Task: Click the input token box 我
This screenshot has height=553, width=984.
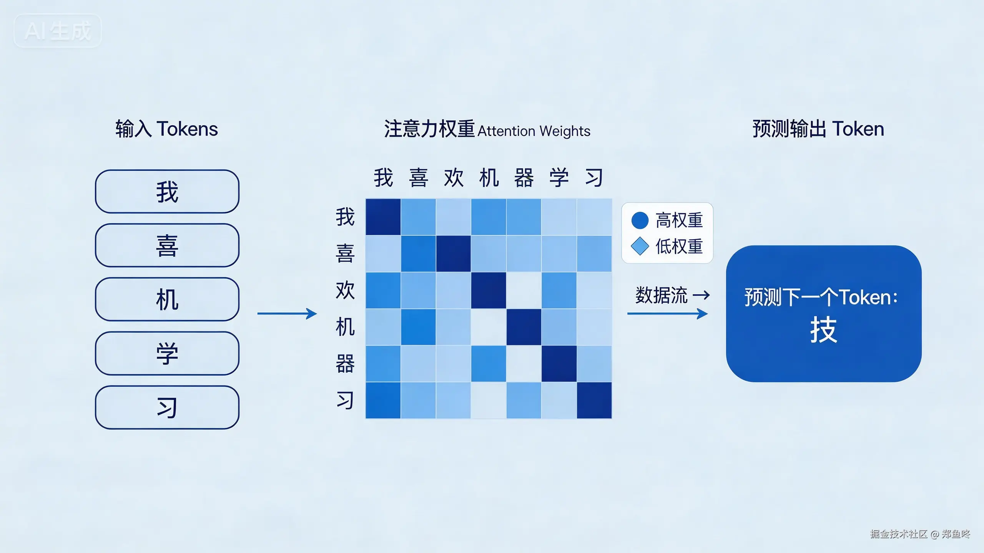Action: [167, 192]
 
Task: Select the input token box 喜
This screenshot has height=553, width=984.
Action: [167, 245]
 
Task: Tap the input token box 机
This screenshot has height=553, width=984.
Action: [167, 300]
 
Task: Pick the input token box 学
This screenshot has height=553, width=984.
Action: [167, 353]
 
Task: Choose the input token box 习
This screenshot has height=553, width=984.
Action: [167, 407]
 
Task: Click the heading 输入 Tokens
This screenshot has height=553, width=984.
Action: [167, 129]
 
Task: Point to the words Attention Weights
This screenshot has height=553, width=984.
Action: [534, 131]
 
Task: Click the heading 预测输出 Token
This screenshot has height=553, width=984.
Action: [818, 129]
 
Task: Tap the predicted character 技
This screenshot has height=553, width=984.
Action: [823, 330]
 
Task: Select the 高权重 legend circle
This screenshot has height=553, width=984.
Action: [640, 220]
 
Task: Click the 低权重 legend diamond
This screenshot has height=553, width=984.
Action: [640, 246]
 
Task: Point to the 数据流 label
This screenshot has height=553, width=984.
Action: [661, 295]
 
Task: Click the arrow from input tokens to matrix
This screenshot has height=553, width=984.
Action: [287, 314]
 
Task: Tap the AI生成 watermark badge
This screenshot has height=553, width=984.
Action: [58, 31]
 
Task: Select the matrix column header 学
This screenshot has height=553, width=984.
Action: [559, 177]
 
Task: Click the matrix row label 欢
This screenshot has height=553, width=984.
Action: [345, 290]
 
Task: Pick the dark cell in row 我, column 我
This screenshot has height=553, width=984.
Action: [383, 217]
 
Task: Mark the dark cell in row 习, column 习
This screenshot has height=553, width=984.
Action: [594, 400]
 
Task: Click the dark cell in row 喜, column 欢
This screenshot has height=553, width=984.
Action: [453, 253]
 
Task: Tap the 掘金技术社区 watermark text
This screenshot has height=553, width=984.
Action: [899, 534]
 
